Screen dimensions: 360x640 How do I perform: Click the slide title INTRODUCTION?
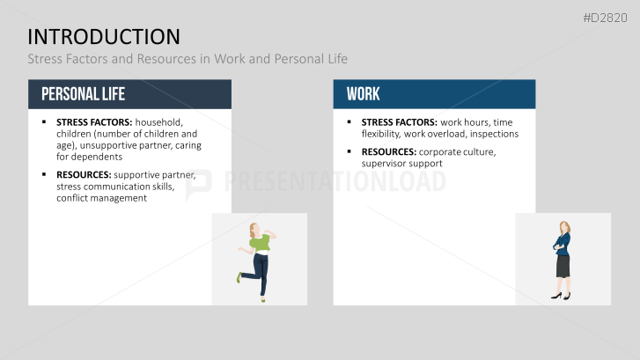[x=104, y=36]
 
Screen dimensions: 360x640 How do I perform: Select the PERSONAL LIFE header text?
[x=83, y=94]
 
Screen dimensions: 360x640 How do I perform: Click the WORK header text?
[x=363, y=94]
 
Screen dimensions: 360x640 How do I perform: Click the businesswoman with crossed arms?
[x=562, y=260]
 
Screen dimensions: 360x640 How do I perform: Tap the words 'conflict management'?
[x=101, y=198]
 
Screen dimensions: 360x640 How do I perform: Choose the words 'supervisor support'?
[x=401, y=164]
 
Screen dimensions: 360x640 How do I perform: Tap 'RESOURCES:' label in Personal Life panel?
[x=84, y=175]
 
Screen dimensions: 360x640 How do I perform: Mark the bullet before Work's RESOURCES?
[x=349, y=152]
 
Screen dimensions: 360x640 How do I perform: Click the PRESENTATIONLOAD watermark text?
[x=335, y=181]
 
